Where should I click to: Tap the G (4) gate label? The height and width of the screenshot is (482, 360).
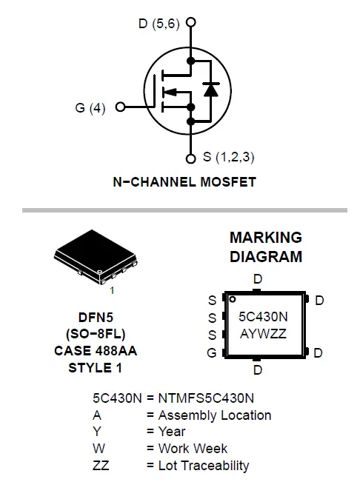(90, 108)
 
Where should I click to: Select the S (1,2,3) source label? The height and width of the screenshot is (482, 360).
(230, 157)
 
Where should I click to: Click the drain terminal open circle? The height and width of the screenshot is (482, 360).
(191, 23)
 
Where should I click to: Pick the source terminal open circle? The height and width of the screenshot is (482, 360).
(191, 157)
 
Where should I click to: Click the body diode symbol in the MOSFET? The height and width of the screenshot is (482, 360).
(210, 90)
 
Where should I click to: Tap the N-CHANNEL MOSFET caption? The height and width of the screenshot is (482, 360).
(184, 181)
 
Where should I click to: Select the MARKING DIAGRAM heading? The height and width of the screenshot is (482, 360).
(265, 247)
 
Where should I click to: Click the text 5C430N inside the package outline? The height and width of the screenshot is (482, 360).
(262, 316)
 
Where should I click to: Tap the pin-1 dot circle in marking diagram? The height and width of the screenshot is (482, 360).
(232, 299)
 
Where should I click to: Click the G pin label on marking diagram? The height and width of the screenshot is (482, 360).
(212, 353)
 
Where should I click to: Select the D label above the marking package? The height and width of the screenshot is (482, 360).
(257, 279)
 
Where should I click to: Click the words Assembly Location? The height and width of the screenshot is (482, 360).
(215, 415)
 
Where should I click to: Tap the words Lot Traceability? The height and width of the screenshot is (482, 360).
(204, 466)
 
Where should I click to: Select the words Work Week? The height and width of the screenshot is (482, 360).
(193, 449)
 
